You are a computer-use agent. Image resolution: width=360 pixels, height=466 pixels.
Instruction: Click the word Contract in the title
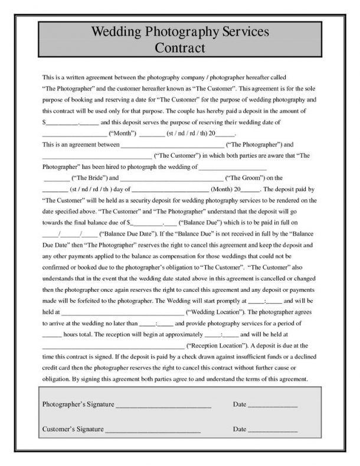click(x=180, y=47)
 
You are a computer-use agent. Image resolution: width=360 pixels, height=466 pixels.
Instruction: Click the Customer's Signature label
click(x=73, y=428)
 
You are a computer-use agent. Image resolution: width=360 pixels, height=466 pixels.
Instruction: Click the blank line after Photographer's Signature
click(x=163, y=406)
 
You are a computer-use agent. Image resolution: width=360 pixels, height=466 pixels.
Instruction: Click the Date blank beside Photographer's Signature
click(x=272, y=406)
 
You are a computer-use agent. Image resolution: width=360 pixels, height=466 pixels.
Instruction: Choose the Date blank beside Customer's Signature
click(x=272, y=429)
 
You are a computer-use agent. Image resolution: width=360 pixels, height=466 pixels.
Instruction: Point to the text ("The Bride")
click(x=87, y=178)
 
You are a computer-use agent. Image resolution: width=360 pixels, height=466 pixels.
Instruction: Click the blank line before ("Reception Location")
click(x=113, y=346)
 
